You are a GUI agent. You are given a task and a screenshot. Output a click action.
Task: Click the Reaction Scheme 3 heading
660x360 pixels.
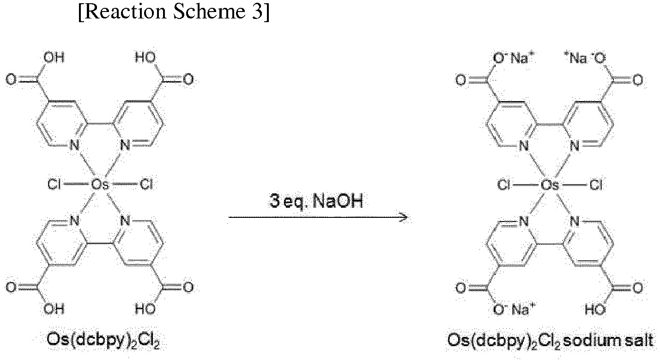coord(174,12)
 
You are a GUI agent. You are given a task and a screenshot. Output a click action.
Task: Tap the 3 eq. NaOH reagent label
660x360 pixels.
coord(316,202)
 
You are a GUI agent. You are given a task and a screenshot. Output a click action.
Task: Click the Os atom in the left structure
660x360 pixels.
coord(100,185)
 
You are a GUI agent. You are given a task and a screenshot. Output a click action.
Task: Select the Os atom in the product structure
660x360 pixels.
coord(550,185)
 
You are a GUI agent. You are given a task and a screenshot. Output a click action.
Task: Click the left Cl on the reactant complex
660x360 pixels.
coord(54,185)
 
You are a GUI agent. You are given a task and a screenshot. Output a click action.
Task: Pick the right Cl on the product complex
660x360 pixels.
coord(596,185)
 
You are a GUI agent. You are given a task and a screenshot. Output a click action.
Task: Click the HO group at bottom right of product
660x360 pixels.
coord(595,310)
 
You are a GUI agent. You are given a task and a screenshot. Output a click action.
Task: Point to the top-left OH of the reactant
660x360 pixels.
coord(54,57)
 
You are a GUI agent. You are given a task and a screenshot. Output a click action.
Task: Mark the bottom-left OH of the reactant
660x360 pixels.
coord(54,309)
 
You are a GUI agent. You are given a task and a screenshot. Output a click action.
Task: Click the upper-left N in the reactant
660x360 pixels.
coord(74,145)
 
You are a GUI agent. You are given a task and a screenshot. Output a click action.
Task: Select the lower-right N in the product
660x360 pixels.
coord(575,222)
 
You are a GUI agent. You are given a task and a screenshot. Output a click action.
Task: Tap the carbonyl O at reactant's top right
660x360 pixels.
coord(188,79)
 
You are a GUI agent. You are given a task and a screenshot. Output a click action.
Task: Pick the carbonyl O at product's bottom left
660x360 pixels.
coord(461,288)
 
